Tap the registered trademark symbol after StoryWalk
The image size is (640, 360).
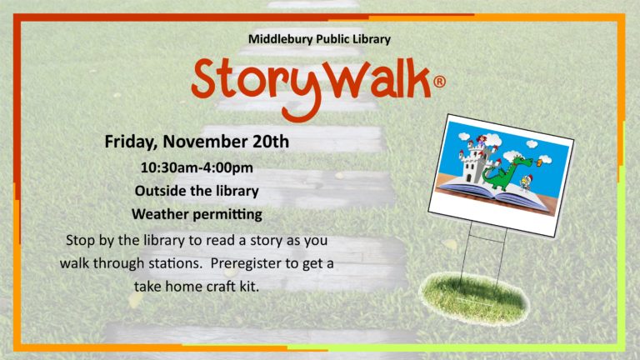point(439,82)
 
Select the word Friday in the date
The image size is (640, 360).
point(131,142)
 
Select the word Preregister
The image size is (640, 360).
point(248,263)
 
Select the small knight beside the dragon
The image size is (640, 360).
point(526,182)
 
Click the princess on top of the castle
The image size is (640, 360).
point(482,142)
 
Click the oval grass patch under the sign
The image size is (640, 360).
point(473,299)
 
